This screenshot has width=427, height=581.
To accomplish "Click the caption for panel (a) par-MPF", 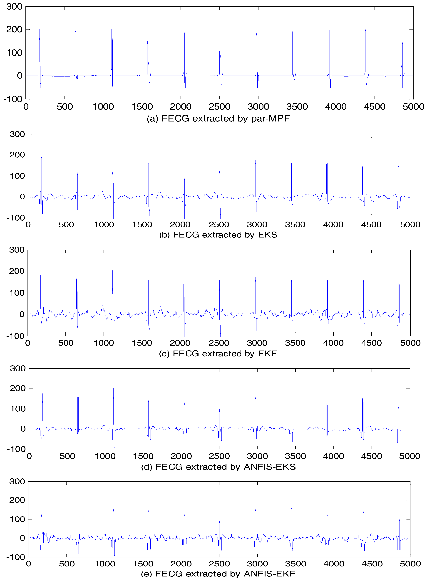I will (x=218, y=119).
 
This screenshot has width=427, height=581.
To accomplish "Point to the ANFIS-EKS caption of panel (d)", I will (x=218, y=467).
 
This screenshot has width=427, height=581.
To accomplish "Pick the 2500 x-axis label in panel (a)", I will (x=219, y=107).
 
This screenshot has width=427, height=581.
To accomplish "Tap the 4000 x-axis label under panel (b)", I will (x=333, y=225).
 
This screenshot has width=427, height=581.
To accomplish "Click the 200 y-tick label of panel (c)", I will (x=17, y=271).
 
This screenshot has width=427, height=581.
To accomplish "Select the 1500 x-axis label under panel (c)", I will (x=142, y=343).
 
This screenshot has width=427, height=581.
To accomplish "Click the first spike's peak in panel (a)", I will (x=40, y=30).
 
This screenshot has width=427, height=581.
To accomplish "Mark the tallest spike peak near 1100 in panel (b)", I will (x=113, y=155).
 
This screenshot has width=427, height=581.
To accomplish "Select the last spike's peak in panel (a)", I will (x=402, y=30).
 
